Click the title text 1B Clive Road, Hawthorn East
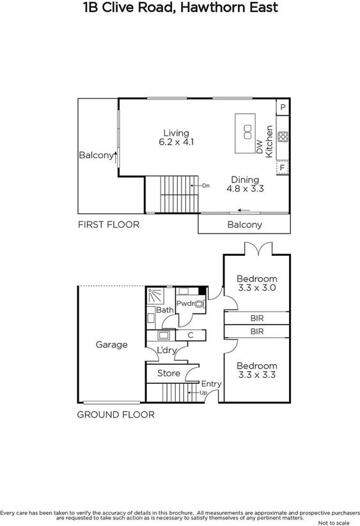[x=180, y=9]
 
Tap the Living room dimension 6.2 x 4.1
[x=176, y=142]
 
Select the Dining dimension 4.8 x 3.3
[x=245, y=189]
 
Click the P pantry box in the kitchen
[x=283, y=107]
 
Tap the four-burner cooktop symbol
[x=283, y=137]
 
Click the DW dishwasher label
[x=259, y=147]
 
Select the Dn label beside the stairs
[x=205, y=186]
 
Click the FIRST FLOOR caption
[x=108, y=225]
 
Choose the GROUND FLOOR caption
[x=116, y=415]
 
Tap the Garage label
[x=112, y=344]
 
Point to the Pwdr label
[x=185, y=303]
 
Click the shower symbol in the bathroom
[x=155, y=296]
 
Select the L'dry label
[x=168, y=351]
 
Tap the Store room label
[x=169, y=373]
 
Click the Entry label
[x=211, y=384]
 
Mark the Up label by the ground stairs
[x=204, y=392]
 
